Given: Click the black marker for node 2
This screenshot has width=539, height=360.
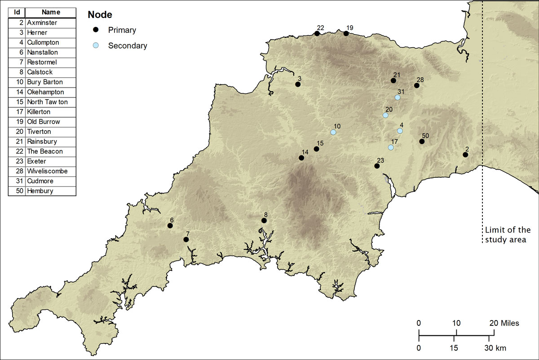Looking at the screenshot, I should pyautogui.click(x=465, y=155).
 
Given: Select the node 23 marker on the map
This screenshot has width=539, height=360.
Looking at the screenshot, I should pyautogui.click(x=377, y=166).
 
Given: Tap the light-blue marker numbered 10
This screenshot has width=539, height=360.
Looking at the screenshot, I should pyautogui.click(x=333, y=132).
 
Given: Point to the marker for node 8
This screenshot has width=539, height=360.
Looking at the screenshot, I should pyautogui.click(x=264, y=220).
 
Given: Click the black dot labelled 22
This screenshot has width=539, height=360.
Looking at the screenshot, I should pyautogui.click(x=317, y=34).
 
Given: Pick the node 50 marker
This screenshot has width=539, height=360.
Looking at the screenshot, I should pyautogui.click(x=422, y=141).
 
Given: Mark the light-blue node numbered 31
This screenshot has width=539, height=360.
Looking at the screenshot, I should pyautogui.click(x=398, y=97).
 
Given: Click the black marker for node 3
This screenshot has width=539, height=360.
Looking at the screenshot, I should pyautogui.click(x=298, y=84).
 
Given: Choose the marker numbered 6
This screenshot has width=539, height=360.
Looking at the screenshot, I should pyautogui.click(x=170, y=226).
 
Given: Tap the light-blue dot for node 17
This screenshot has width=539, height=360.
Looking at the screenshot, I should pyautogui.click(x=391, y=148).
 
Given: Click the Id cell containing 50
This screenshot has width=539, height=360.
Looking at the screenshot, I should pyautogui.click(x=17, y=191).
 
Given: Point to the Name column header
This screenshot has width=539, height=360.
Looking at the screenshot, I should pyautogui.click(x=51, y=12).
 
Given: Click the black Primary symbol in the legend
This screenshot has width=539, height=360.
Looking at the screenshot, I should pyautogui.click(x=95, y=30).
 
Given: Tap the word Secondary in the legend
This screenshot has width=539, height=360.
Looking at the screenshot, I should pyautogui.click(x=128, y=45).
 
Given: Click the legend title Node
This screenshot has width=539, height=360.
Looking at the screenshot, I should pyautogui.click(x=100, y=14).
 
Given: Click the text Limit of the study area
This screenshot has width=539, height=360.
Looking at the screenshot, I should pyautogui.click(x=508, y=235).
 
